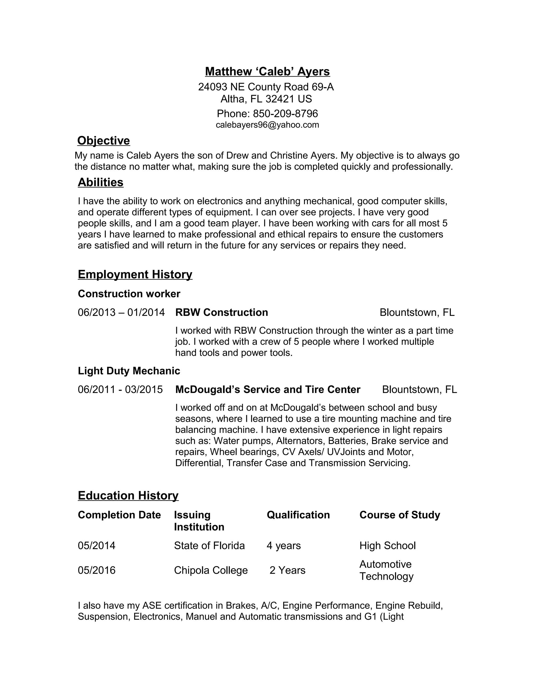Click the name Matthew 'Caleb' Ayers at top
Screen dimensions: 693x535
(x=267, y=71)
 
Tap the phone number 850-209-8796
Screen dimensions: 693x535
(x=285, y=113)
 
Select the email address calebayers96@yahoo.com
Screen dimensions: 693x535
(x=267, y=125)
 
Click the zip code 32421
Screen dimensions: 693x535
(x=280, y=99)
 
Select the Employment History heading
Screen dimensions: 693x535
(x=135, y=274)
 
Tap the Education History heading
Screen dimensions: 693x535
(x=128, y=495)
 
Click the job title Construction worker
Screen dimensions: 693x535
(x=129, y=294)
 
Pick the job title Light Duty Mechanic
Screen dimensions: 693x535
(x=129, y=371)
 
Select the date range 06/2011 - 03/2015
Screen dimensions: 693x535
(x=120, y=389)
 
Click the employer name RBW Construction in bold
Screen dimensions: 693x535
(x=222, y=312)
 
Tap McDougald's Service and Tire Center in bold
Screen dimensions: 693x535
(x=268, y=389)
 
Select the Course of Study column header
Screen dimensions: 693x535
(x=400, y=515)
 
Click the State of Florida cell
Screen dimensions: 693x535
(x=209, y=546)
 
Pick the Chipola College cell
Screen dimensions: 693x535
(x=211, y=570)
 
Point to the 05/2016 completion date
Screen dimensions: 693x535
(x=97, y=570)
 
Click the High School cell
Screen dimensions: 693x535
(x=387, y=546)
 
